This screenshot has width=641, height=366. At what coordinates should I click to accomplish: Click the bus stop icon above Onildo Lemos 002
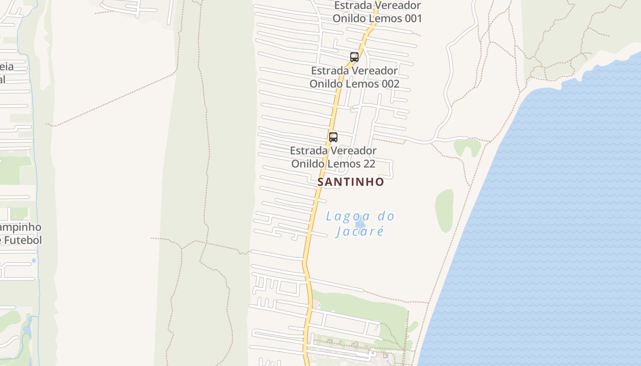click(354, 57)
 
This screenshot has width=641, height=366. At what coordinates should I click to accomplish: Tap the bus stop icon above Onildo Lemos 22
click(333, 137)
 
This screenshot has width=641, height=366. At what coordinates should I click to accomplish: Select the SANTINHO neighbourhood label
click(351, 182)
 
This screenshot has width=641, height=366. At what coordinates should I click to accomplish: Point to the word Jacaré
click(359, 231)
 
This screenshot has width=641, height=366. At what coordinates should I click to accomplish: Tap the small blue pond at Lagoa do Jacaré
click(360, 224)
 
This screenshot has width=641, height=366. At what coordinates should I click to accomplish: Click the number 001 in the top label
click(411, 19)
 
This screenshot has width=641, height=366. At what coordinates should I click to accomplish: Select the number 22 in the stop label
click(369, 164)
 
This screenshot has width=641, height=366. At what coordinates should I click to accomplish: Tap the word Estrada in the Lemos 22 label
click(308, 151)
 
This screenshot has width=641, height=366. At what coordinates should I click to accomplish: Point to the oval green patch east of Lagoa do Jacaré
click(444, 211)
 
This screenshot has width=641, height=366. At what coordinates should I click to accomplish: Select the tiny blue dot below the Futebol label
click(34, 260)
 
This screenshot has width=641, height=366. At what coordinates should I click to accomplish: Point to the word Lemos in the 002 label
click(364, 84)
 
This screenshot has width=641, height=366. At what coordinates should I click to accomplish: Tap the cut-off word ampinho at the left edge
click(21, 227)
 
